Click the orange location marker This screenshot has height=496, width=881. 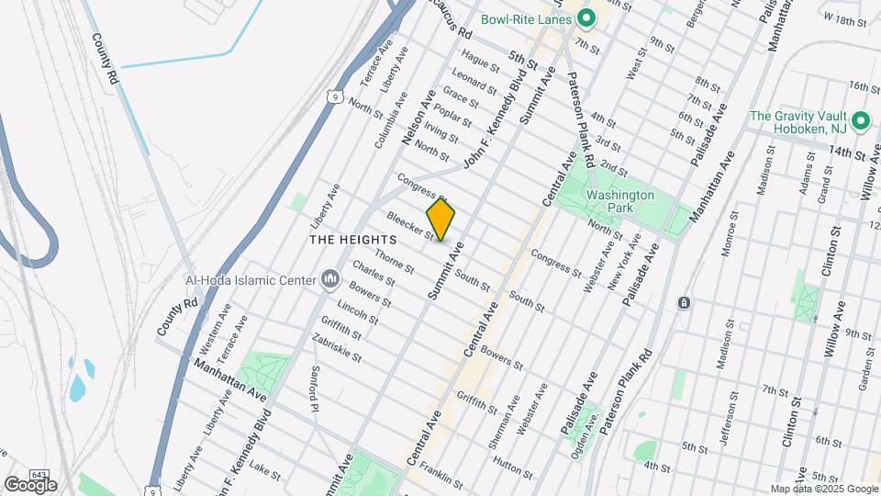pyautogui.click(x=440, y=220)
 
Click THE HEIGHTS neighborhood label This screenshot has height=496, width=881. pyautogui.click(x=345, y=240)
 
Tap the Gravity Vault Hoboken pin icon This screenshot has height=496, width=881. pyautogui.click(x=860, y=121)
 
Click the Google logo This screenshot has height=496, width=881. pyautogui.click(x=30, y=485)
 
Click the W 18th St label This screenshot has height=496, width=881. pyautogui.click(x=845, y=18)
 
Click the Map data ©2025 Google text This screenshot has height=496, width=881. pyautogui.click(x=824, y=489)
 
